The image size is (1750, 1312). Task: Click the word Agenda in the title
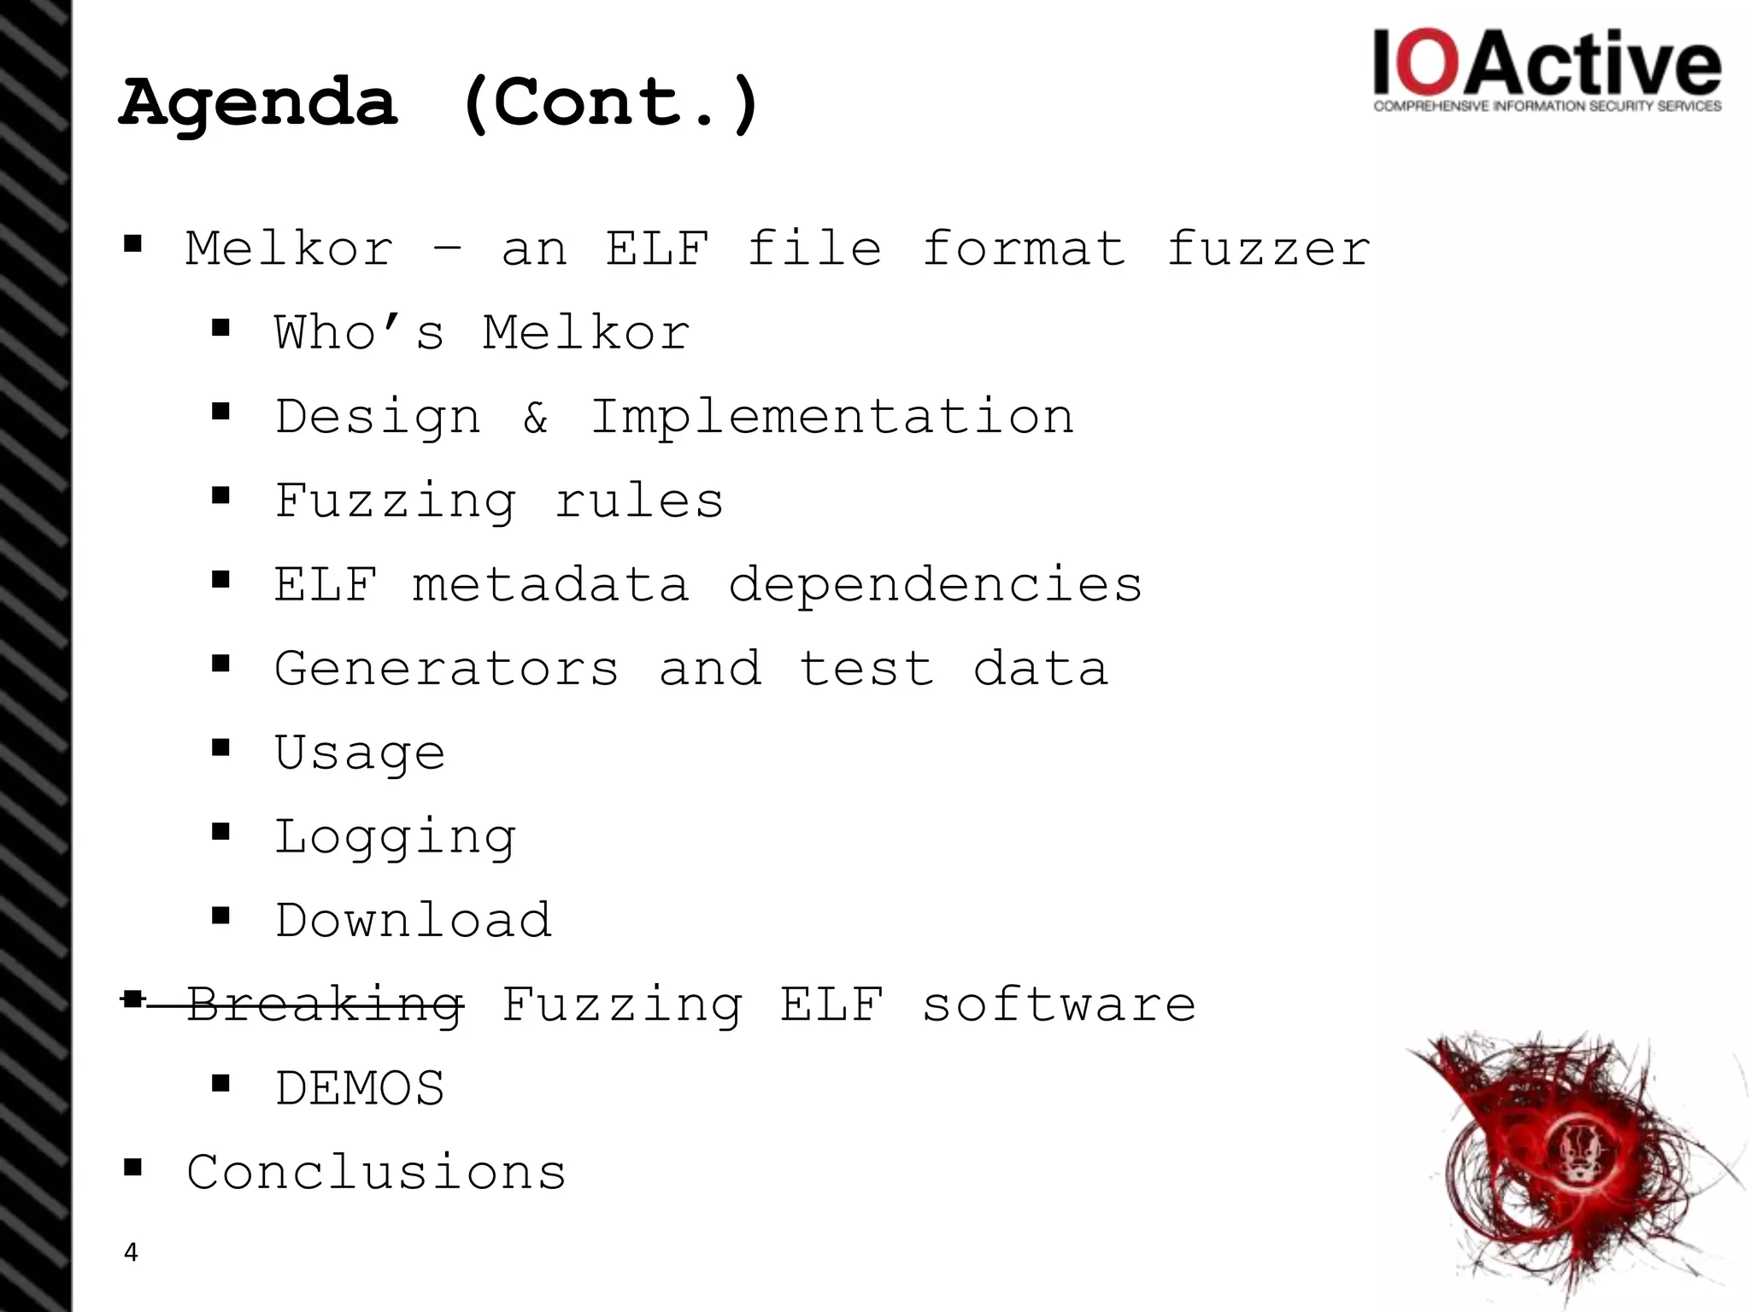259,103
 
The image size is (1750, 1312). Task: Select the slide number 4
131,1252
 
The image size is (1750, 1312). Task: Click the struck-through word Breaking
325,1004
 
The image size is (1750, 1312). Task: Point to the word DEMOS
360,1088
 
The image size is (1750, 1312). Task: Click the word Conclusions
376,1171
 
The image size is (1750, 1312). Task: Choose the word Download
414,920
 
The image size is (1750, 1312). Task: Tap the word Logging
395,836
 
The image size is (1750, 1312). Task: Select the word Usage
360,753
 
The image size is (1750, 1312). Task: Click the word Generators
446,668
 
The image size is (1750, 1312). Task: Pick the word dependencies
935,585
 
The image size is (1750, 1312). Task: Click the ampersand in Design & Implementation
536,417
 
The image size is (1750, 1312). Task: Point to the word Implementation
832,417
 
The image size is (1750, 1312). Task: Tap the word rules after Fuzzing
639,501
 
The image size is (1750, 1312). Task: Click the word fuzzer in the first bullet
1268,249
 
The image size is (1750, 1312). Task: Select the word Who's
359,332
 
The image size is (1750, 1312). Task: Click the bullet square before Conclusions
132,1167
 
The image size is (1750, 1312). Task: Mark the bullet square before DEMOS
221,1084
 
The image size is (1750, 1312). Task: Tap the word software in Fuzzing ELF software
1058,1004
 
